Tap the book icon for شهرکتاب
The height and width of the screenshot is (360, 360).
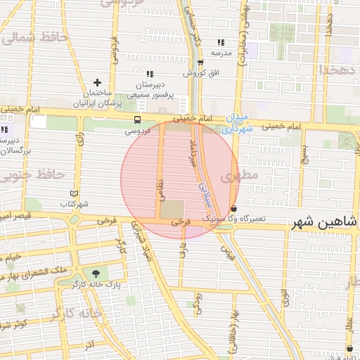(74, 193)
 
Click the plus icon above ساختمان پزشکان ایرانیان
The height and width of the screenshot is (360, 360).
(98, 83)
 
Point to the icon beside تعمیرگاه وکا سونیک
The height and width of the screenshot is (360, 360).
(233, 209)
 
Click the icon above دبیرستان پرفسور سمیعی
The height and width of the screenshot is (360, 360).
(149, 74)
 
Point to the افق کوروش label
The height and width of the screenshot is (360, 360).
(202, 72)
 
